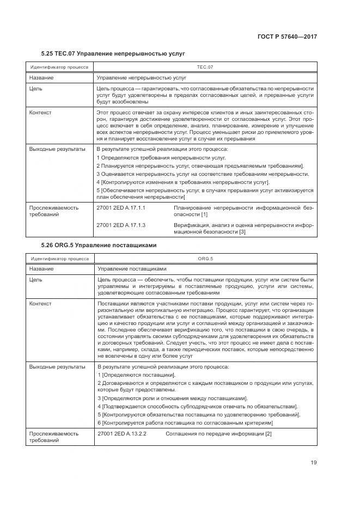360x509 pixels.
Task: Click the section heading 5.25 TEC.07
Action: point(113,54)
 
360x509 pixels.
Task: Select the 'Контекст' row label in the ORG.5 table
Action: point(40,303)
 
